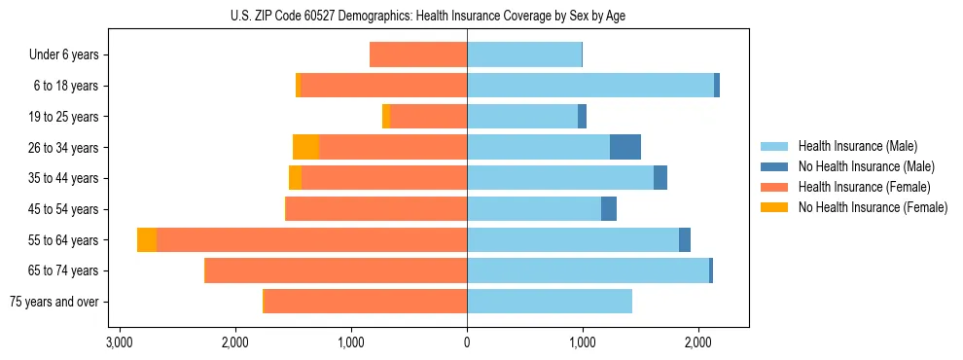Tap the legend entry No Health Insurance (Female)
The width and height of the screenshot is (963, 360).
click(x=873, y=207)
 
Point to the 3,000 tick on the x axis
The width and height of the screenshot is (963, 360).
click(x=120, y=342)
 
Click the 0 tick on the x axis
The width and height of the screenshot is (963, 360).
click(x=467, y=342)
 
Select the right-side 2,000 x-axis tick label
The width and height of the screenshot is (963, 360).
click(x=697, y=342)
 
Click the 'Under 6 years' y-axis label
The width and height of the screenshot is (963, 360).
click(x=63, y=55)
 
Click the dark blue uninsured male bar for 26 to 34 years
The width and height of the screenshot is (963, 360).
click(x=625, y=147)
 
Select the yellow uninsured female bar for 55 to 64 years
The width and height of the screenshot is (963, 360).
click(x=147, y=239)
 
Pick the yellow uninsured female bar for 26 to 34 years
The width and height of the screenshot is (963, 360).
click(x=305, y=147)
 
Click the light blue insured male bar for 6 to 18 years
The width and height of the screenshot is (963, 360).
click(x=590, y=86)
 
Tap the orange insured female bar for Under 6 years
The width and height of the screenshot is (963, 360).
click(x=418, y=55)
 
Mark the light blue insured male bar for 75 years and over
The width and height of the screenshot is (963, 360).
click(x=550, y=302)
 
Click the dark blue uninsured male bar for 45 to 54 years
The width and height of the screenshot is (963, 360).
click(x=609, y=209)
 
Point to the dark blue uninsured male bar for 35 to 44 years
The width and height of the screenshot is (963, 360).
click(x=660, y=178)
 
